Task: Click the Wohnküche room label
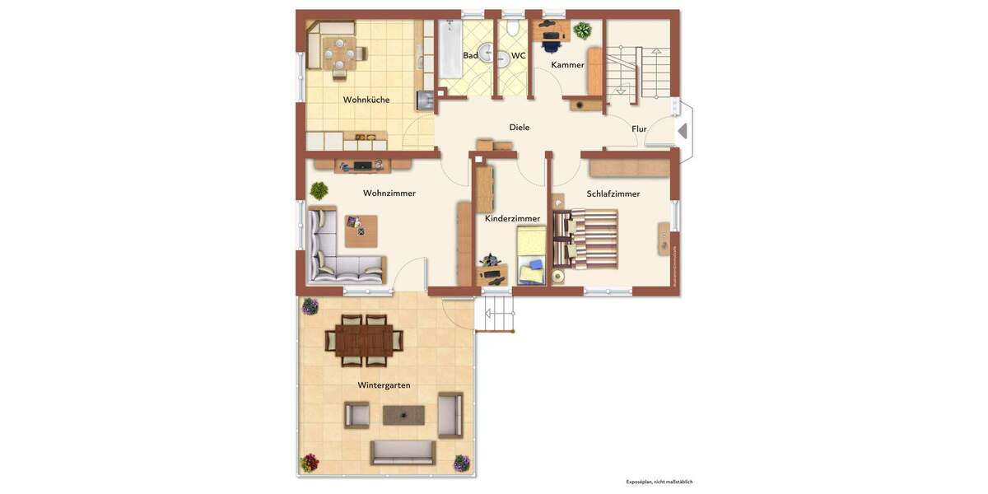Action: (366, 100)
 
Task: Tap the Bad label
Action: (470, 56)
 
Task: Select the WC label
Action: (519, 56)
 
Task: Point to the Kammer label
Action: (567, 65)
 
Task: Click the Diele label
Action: (520, 128)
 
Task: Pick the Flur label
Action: (639, 129)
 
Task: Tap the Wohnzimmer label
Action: (389, 193)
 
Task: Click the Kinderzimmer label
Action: (512, 219)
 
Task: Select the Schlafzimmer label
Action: (613, 194)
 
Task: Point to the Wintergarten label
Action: (384, 385)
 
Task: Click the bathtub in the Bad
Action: (450, 49)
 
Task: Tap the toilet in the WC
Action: (513, 29)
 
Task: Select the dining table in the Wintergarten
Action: (364, 340)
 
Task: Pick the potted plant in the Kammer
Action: (583, 31)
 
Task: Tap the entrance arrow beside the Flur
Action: (682, 131)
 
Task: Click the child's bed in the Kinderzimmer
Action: (531, 255)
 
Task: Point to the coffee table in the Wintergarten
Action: (403, 415)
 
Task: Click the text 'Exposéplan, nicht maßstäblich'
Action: (659, 482)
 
